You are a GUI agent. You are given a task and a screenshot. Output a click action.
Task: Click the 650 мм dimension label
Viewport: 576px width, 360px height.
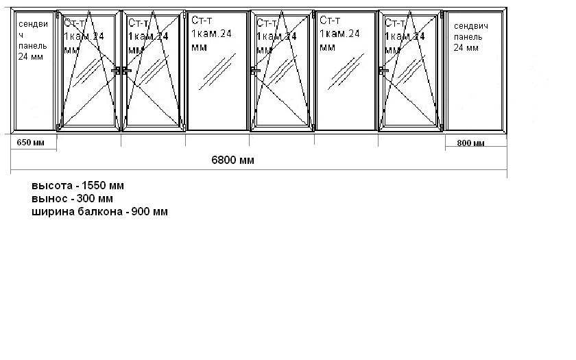tap(29, 143)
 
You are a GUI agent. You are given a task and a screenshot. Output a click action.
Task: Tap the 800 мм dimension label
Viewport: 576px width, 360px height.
tap(470, 143)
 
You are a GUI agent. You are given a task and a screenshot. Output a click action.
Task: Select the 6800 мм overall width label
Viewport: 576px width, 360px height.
tap(233, 160)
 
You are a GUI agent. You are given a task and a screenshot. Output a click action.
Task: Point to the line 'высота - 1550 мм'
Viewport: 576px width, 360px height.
tap(77, 186)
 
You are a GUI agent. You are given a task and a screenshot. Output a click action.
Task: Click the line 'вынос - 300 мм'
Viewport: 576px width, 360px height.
tap(72, 199)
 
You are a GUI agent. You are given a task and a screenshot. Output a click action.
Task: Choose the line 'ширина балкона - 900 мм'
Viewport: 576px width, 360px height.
tap(99, 212)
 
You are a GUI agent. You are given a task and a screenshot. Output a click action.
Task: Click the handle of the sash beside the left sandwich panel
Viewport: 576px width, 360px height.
tap(117, 70)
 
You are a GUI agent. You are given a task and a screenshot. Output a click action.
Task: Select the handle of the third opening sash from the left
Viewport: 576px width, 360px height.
tap(254, 70)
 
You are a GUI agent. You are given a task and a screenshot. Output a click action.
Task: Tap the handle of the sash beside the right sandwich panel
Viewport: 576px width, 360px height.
tap(383, 70)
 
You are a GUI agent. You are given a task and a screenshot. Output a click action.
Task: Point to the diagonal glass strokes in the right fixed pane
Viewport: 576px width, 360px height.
tap(346, 71)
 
